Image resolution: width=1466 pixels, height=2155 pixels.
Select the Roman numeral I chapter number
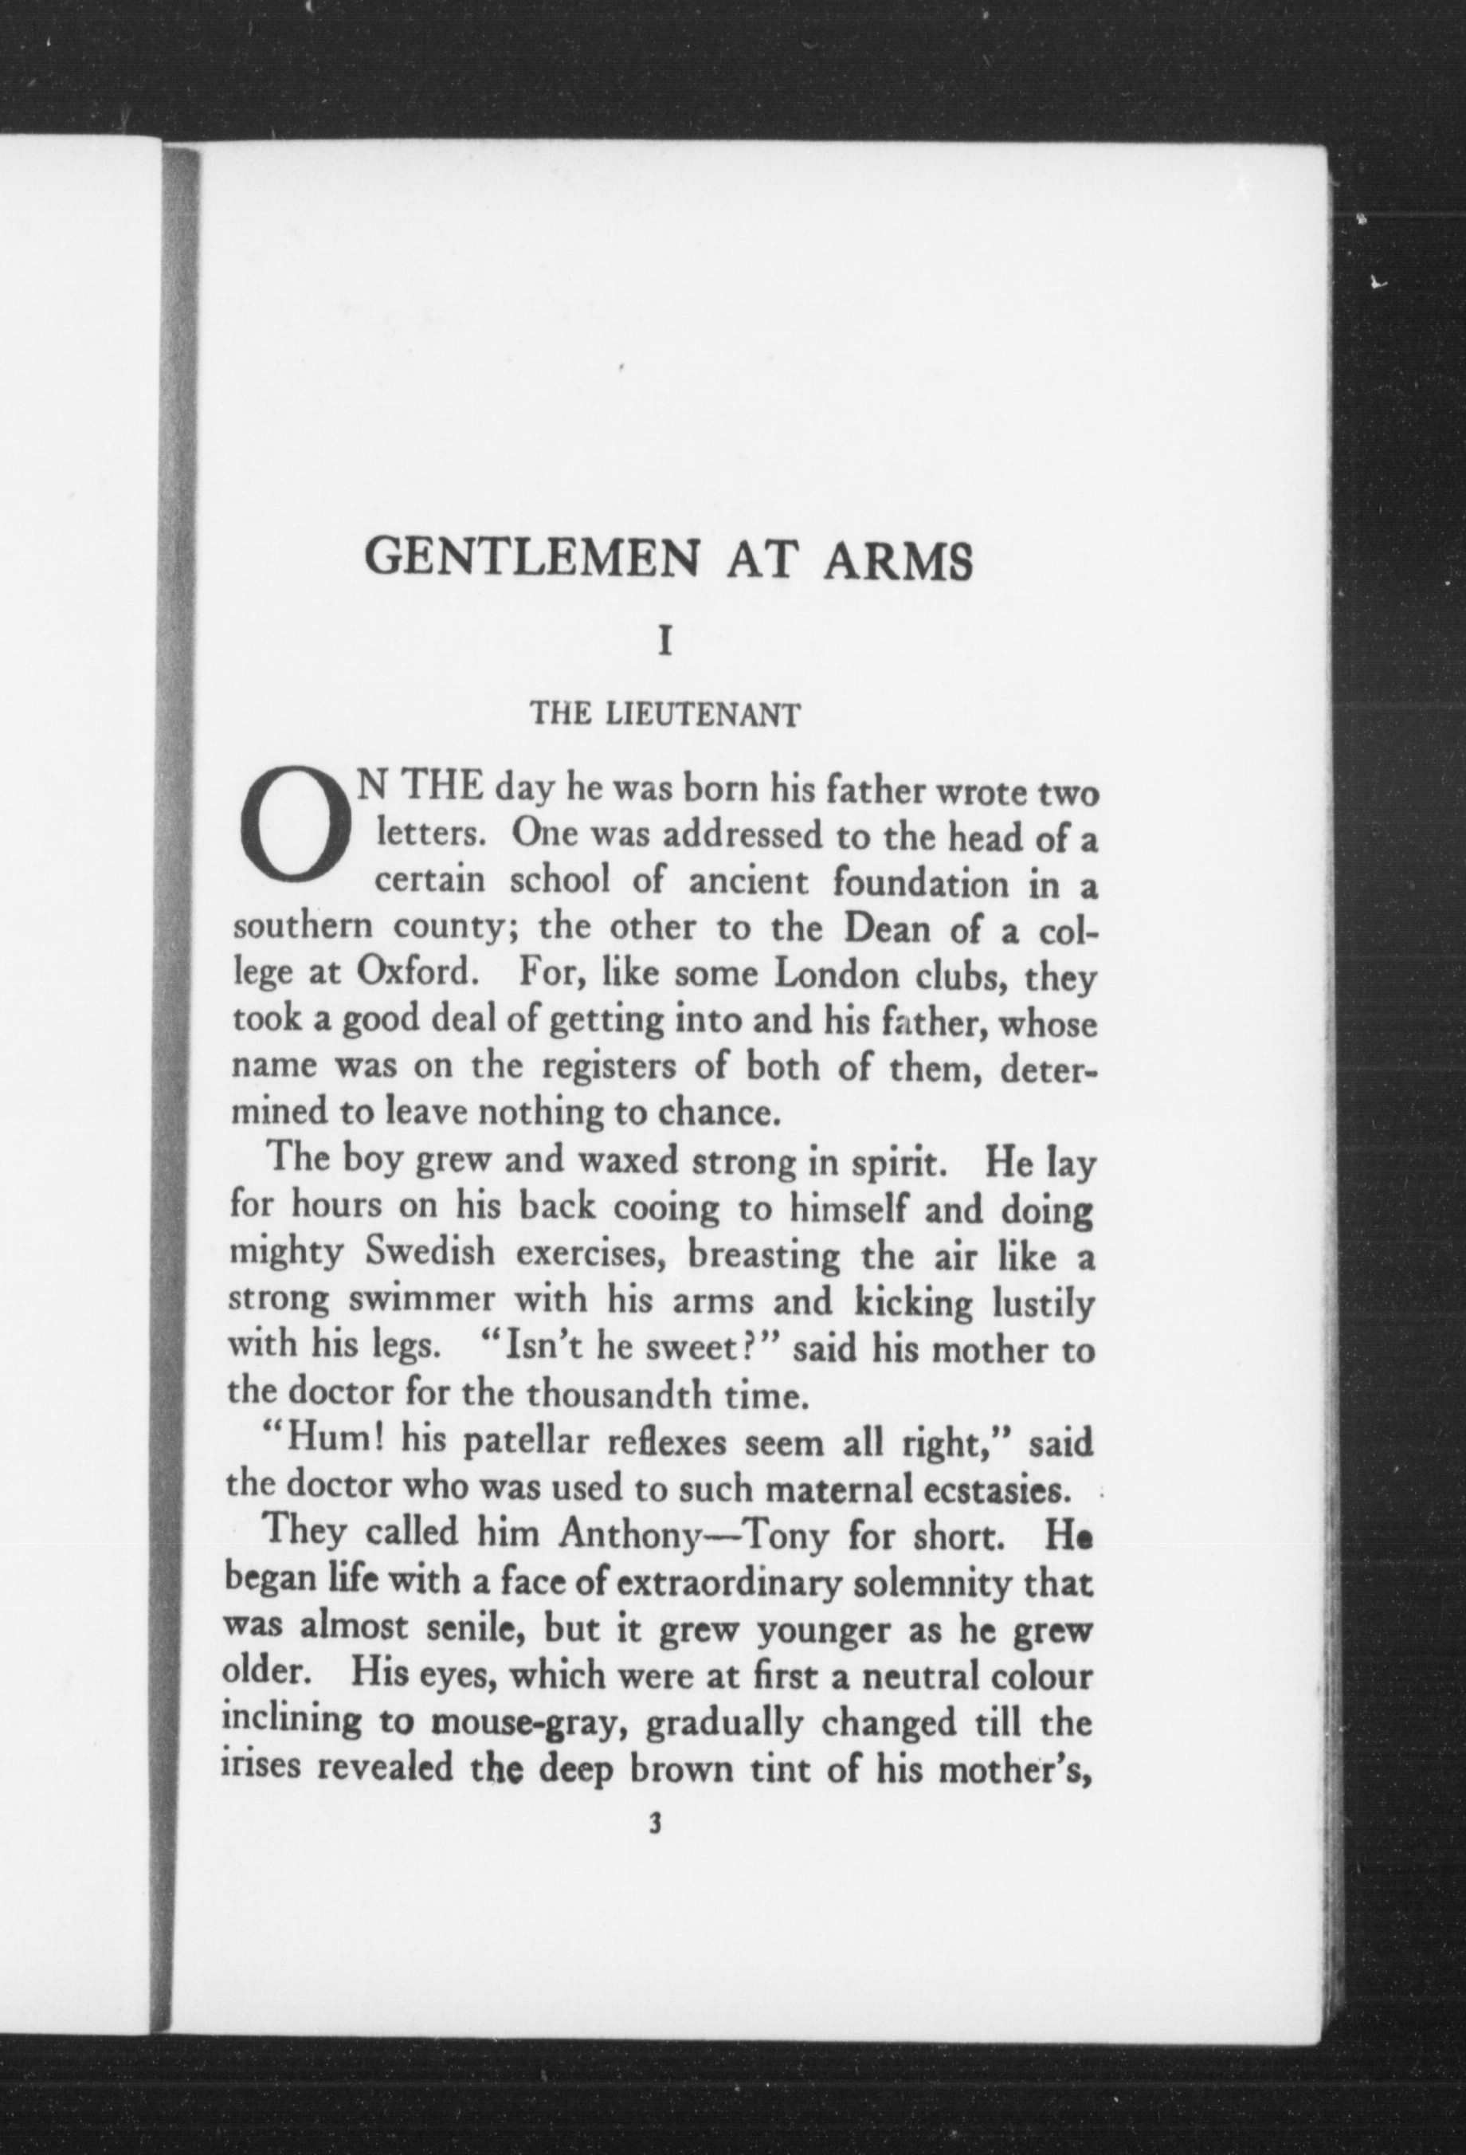coord(663,642)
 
